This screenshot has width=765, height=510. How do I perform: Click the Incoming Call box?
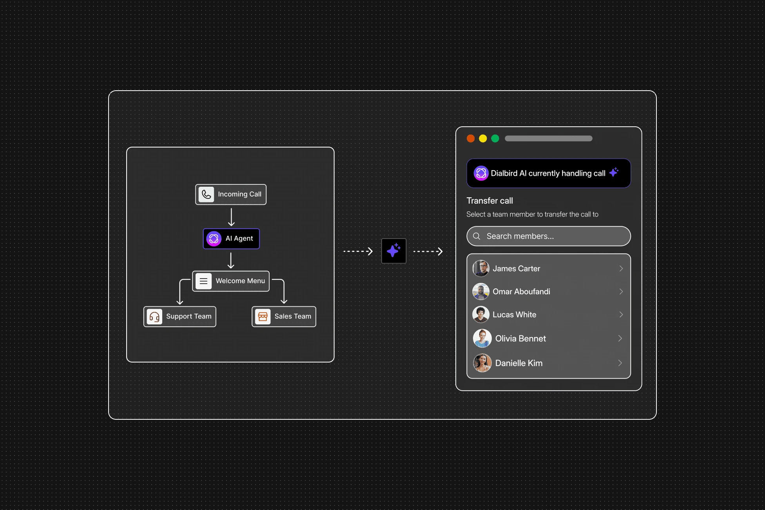tap(231, 194)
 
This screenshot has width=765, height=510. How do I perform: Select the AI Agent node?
tap(231, 239)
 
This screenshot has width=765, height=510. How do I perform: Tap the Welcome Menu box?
tap(231, 281)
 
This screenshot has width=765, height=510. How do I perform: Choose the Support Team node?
tap(180, 316)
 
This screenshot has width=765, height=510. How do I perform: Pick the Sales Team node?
tap(284, 316)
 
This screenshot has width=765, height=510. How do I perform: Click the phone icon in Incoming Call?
tap(207, 194)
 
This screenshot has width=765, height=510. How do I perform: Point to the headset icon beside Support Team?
tap(154, 316)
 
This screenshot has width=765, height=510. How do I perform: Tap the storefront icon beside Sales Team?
tap(263, 316)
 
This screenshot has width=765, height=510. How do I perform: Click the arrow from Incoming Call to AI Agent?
tap(231, 217)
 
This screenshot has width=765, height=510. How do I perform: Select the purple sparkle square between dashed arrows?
tap(394, 251)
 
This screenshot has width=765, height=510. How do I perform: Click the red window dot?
tap(471, 138)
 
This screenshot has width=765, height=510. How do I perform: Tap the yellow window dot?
tap(483, 138)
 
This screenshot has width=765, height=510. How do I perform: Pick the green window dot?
tap(495, 138)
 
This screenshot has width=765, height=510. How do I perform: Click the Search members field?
tap(549, 236)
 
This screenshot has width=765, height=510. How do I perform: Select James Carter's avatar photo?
tap(481, 268)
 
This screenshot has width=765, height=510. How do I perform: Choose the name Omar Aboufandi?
tap(521, 291)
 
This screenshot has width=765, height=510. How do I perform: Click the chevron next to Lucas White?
tap(621, 315)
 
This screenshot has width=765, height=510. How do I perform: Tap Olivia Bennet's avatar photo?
tap(482, 338)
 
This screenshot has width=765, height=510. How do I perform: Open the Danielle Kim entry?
tap(549, 363)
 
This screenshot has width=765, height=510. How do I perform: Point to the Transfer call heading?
tap(489, 201)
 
